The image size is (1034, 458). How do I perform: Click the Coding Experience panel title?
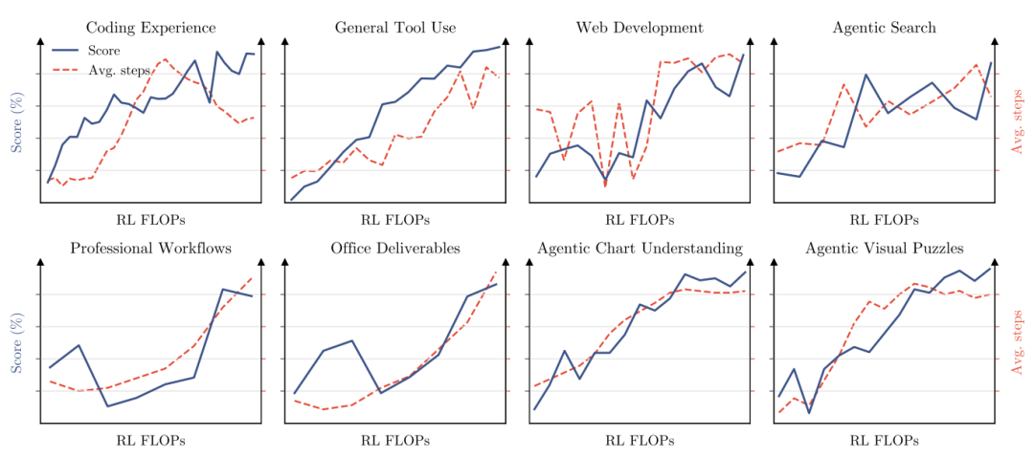151,28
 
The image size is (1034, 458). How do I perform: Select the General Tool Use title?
395,28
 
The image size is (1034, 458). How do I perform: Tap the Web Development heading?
639,28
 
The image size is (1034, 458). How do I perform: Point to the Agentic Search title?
884,28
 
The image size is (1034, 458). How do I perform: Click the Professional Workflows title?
151,249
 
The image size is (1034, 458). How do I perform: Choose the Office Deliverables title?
395,249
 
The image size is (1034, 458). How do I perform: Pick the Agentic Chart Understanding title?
640,249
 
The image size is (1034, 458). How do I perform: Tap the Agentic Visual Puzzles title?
884,249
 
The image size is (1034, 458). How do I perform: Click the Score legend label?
103,50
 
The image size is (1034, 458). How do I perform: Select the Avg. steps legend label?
119,71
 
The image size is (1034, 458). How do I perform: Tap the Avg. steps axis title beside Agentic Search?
1018,122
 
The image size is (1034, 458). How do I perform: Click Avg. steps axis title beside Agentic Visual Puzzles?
1018,342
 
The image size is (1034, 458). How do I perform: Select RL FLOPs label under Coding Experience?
151,220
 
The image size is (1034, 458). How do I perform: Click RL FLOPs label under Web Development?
640,220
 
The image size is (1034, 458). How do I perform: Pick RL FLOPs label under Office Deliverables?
395,440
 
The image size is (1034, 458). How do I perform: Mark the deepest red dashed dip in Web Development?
605,187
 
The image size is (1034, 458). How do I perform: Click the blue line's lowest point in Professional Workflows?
107,406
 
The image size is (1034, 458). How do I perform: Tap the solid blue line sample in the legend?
65,50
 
